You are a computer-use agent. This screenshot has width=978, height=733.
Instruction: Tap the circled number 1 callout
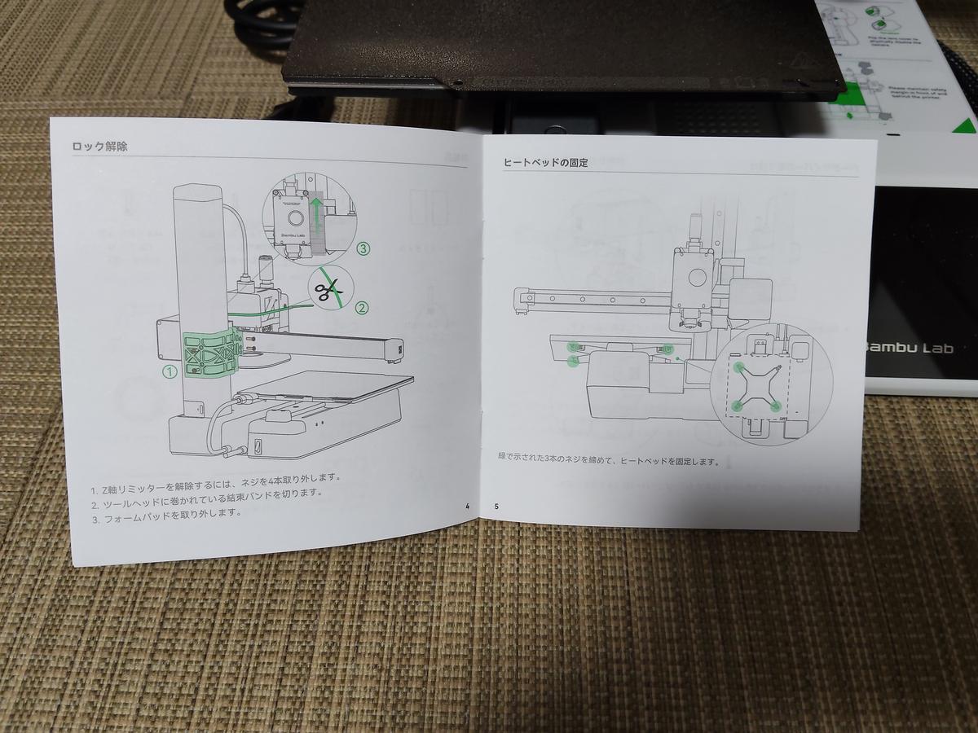tap(170, 371)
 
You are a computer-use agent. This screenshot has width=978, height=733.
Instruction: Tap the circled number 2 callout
tap(362, 308)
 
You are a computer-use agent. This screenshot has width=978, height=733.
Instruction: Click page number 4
tap(468, 506)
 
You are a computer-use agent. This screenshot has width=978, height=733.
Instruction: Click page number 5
tap(496, 506)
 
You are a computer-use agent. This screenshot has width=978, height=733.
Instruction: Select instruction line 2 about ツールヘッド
tap(206, 495)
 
